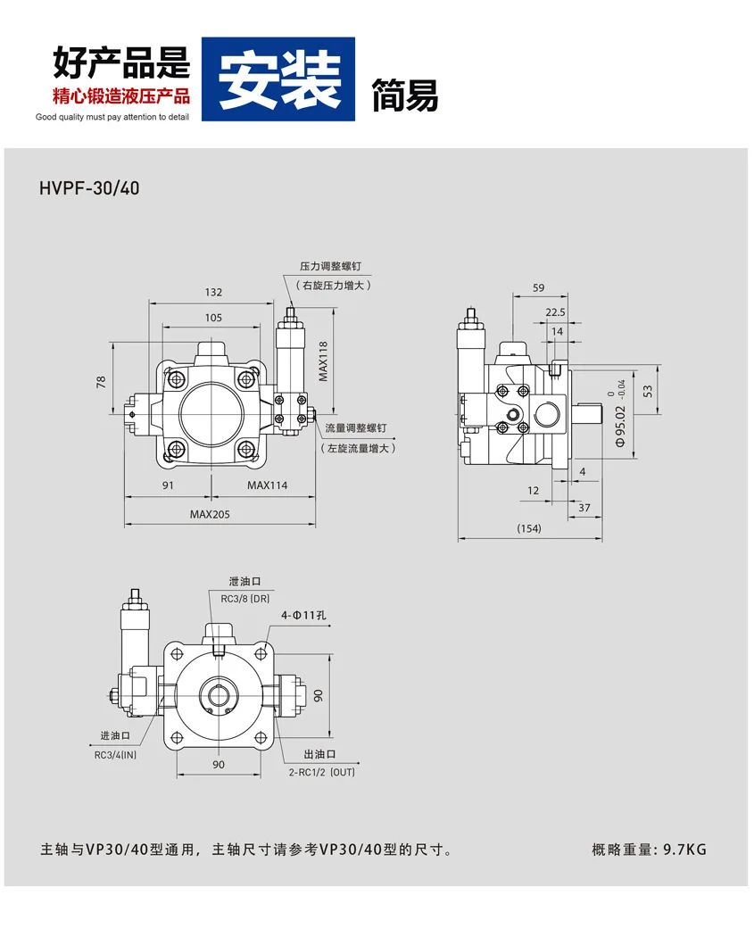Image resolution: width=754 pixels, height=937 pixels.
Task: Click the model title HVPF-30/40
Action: [x=89, y=189]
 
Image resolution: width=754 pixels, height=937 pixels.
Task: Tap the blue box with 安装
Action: [x=278, y=79]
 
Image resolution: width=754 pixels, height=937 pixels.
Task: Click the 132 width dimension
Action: [x=213, y=292]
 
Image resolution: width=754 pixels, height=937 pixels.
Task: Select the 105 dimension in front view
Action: [x=213, y=318]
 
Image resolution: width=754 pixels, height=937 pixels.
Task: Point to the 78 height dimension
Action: [x=101, y=381]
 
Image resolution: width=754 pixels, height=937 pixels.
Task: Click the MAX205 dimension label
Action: [x=210, y=514]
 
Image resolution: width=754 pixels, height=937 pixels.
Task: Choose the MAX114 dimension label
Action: [x=268, y=485]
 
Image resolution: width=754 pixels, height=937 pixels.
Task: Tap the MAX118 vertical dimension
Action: [x=324, y=361]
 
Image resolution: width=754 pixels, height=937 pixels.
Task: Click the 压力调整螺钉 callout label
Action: [x=330, y=266]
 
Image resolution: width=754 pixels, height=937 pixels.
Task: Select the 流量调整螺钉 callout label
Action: [x=356, y=428]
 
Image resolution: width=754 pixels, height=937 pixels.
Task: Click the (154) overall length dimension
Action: [x=528, y=528]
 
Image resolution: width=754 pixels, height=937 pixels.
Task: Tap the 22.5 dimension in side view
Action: [x=555, y=312]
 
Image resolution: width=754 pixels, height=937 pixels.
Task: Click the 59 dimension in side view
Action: [x=538, y=287]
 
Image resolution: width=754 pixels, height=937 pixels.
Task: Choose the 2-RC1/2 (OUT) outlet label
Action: [x=321, y=772]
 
